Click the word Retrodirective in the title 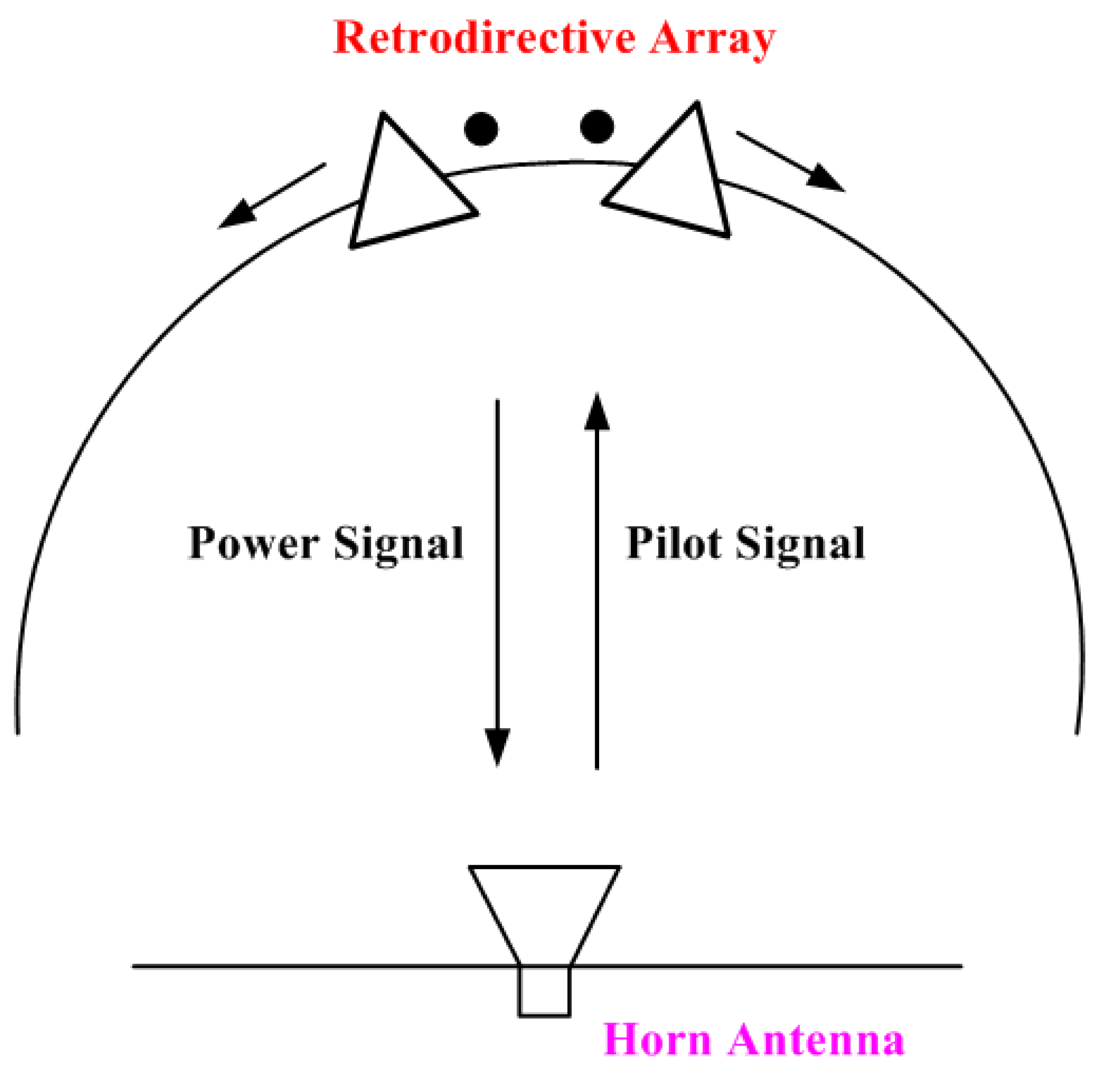click(x=484, y=38)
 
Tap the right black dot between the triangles click(x=597, y=126)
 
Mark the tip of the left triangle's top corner click(x=383, y=114)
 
